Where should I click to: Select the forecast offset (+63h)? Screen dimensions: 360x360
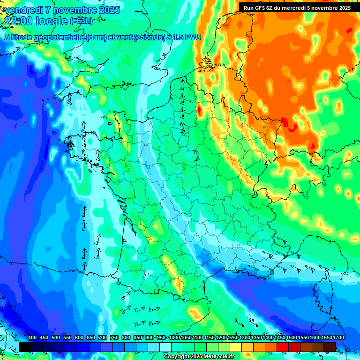(81, 21)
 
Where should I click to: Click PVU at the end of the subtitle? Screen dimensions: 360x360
(192, 37)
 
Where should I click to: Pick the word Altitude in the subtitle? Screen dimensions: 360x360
(20, 37)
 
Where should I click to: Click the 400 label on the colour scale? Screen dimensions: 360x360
(32, 338)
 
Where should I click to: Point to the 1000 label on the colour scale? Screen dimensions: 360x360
(174, 338)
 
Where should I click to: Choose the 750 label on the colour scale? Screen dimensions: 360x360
(114, 338)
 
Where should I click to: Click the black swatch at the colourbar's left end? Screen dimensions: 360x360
(25, 346)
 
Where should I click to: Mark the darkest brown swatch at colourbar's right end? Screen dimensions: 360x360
(330, 346)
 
